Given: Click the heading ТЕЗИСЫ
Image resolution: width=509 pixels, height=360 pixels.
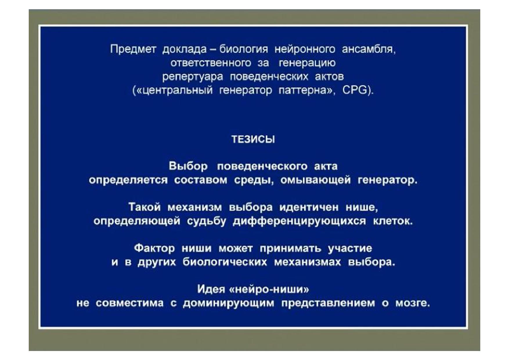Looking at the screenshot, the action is coord(253,139).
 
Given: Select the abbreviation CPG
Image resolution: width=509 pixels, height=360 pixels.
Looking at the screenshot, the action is coord(355,90).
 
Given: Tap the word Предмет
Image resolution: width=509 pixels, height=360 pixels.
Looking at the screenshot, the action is coord(133,49).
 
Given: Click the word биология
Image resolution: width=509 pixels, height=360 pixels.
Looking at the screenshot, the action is coord(243,49).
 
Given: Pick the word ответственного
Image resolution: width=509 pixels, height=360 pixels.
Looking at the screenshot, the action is coord(211,63).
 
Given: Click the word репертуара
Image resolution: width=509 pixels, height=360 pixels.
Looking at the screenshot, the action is coord(193,77).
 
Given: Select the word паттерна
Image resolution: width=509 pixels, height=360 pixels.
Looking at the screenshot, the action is coord(303,90).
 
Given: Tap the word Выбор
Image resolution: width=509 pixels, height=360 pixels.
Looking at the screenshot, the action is coord(188,166).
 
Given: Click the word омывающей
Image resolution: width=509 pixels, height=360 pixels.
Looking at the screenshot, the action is coord(315,180).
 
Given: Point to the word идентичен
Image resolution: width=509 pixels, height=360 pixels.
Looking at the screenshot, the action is coord(309,207).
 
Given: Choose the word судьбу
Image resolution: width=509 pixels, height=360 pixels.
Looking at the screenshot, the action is coord(206,221).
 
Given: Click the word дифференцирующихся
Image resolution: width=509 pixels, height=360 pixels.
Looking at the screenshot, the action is coord(299,221).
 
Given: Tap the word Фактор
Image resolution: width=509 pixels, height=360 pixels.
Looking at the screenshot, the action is coord(154,248).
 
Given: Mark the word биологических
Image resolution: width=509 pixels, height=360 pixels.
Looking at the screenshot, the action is coord(225,262).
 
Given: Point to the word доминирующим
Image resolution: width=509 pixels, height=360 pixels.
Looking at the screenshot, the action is coord(229,303).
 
